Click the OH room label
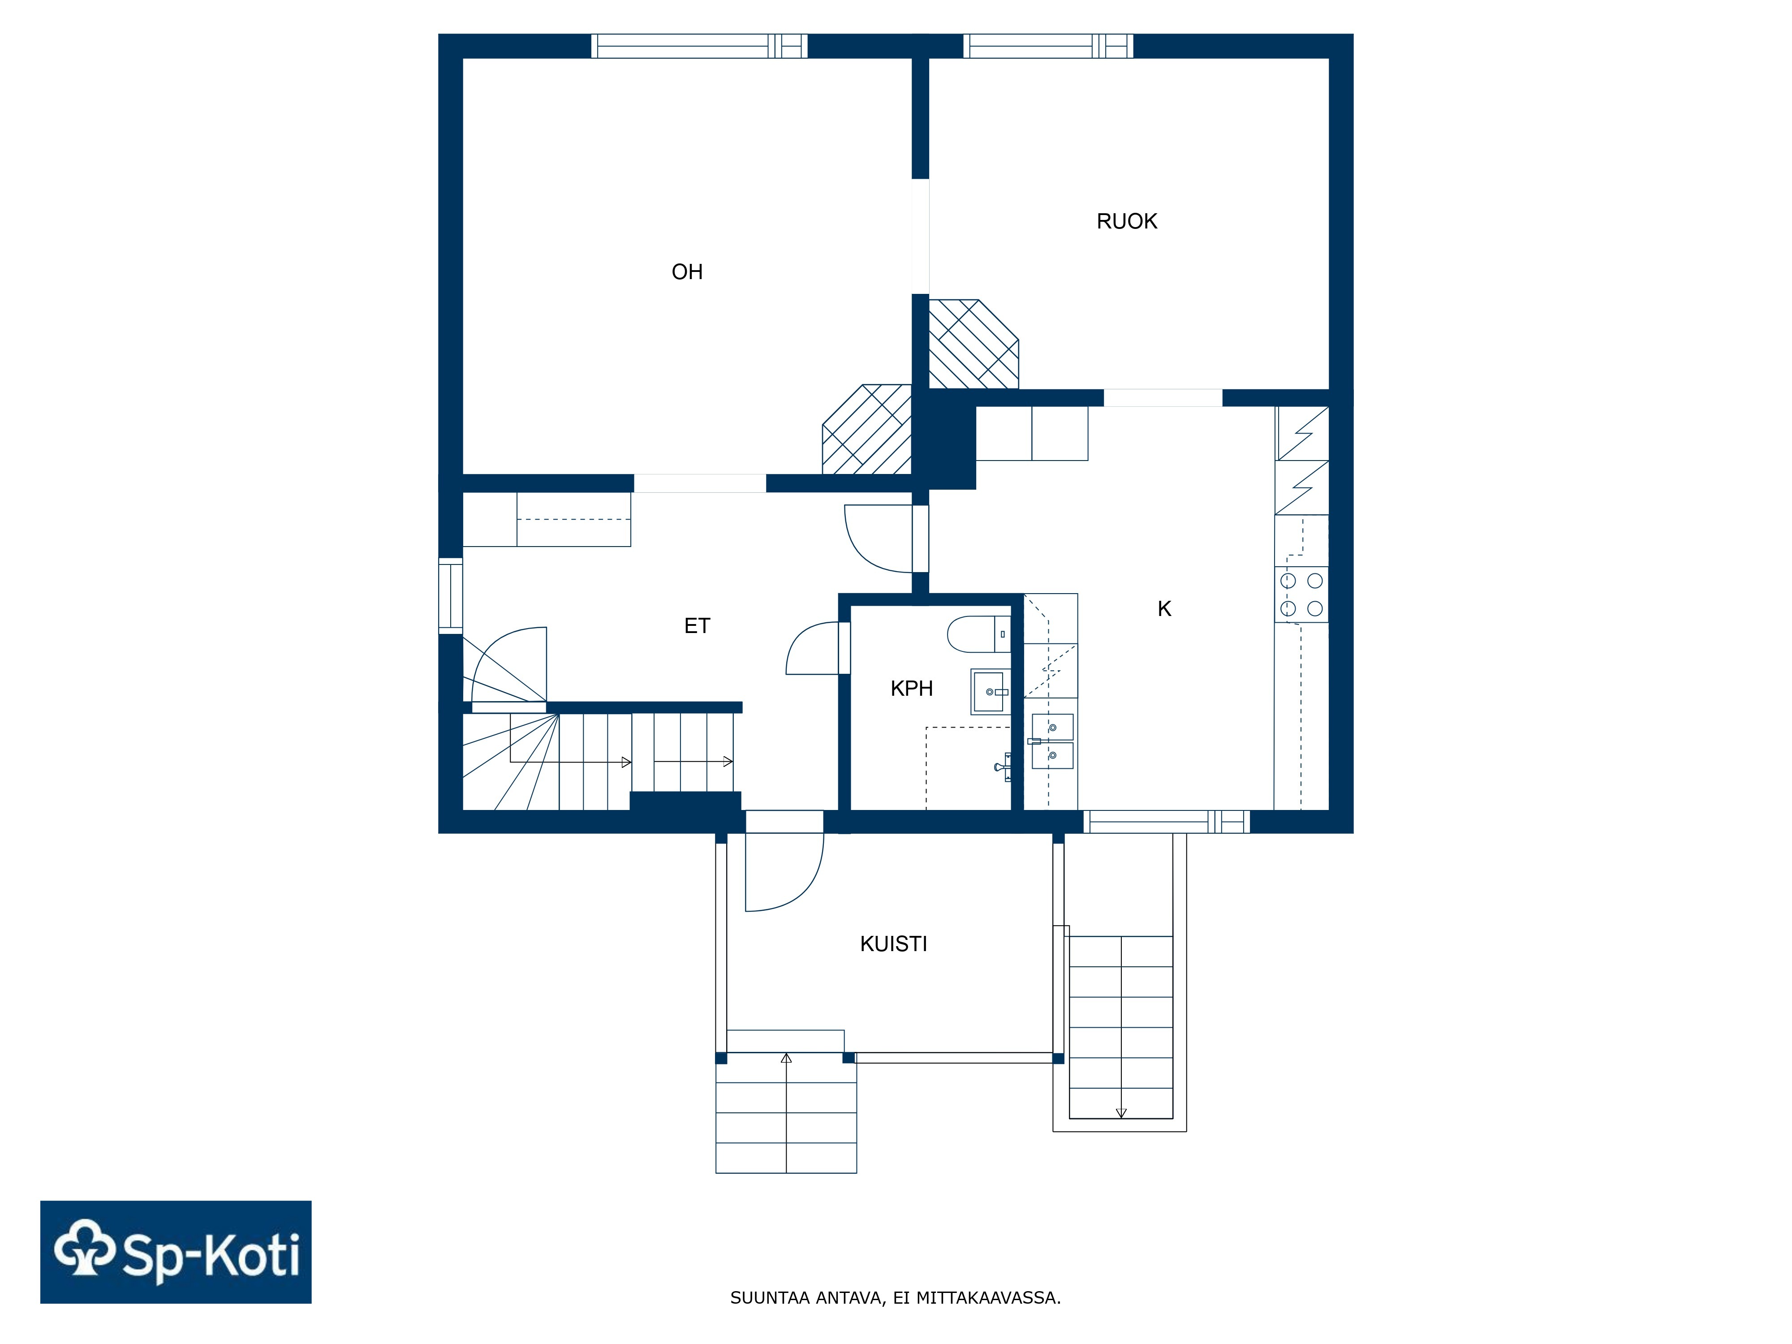(687, 272)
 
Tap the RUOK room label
(1126, 221)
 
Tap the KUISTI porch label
(894, 944)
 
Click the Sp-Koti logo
(176, 1253)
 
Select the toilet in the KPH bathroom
(978, 634)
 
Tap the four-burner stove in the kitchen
(1301, 594)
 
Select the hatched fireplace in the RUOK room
(973, 345)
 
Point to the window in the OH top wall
(699, 46)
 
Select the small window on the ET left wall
(450, 595)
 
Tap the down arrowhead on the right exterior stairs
(1121, 1113)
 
